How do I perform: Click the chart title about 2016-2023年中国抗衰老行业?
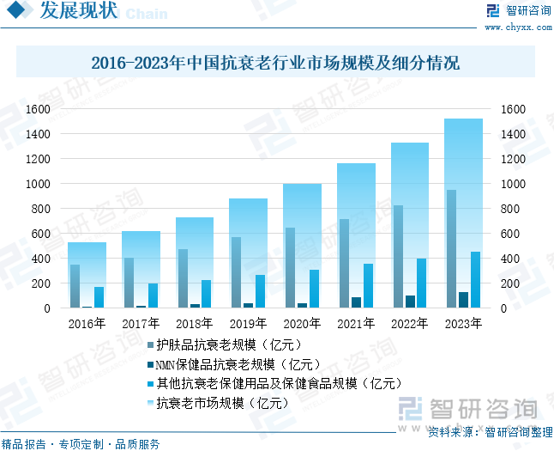[x=275, y=64]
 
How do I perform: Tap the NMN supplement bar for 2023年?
[x=464, y=300]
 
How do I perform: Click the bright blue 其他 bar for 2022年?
[x=422, y=283]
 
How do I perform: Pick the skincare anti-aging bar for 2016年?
[x=75, y=286]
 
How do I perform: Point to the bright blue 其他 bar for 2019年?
[x=260, y=291]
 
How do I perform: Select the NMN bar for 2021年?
[x=356, y=302]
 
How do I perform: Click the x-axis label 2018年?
[x=195, y=324]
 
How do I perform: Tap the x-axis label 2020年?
[x=302, y=324]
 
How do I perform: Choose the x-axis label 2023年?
[x=463, y=324]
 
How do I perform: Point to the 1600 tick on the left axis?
[x=38, y=109]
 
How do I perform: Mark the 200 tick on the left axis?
[x=41, y=283]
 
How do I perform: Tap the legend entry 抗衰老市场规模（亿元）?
[x=221, y=402]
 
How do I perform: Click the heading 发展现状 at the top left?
[x=78, y=11]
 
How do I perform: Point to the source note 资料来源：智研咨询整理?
[x=490, y=432]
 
